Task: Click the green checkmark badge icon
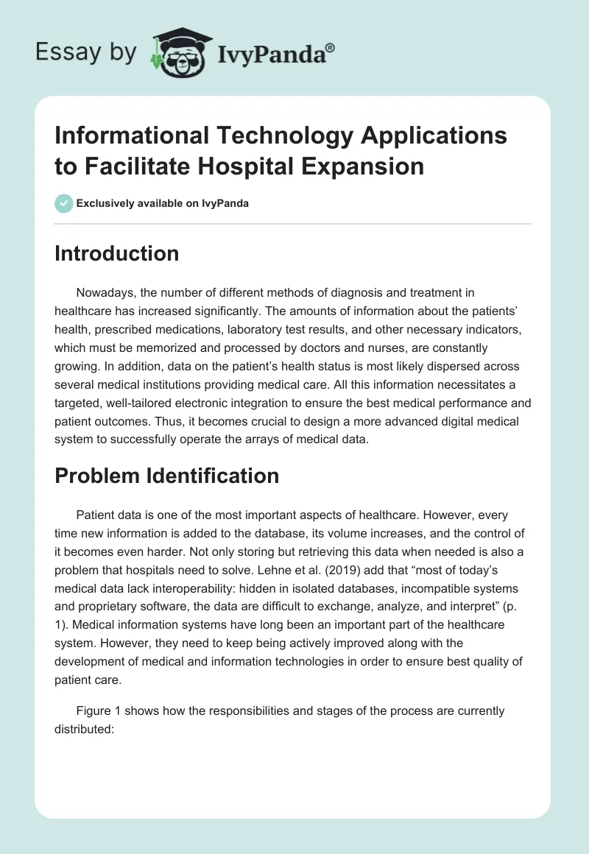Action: tap(64, 203)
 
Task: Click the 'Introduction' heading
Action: tap(116, 253)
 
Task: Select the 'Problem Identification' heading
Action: tap(166, 476)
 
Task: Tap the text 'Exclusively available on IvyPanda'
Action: tap(163, 203)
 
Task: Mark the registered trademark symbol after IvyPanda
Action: tap(331, 47)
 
